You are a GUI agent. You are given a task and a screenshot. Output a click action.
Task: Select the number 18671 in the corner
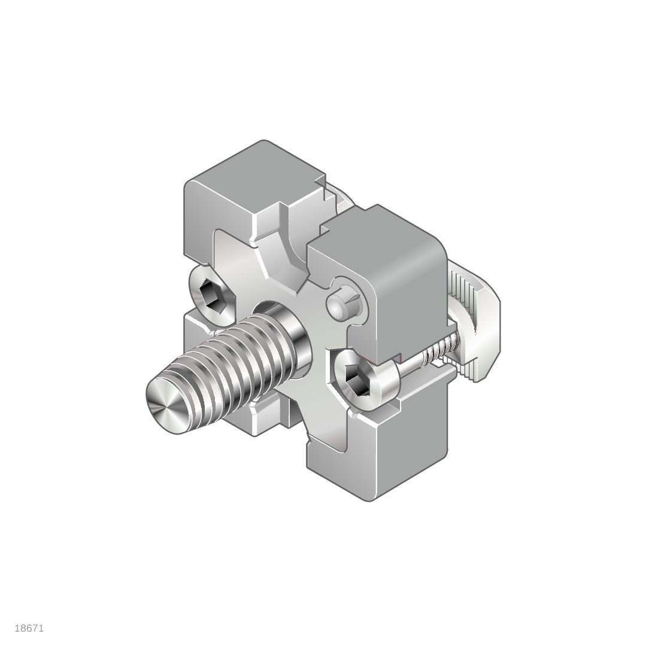pos(29,628)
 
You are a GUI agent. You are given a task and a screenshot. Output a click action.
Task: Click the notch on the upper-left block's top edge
pos(321,182)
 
